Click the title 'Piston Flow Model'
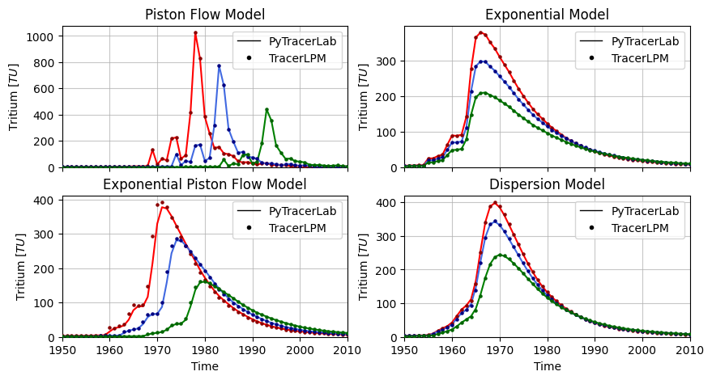(205, 15)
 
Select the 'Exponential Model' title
(547, 15)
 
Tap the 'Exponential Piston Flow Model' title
(205, 184)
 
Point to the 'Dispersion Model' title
(547, 184)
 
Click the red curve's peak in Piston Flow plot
(195, 33)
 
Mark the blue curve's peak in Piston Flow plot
(219, 65)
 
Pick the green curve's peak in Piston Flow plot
(266, 109)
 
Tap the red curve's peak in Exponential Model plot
(481, 33)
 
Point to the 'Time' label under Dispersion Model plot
(547, 366)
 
